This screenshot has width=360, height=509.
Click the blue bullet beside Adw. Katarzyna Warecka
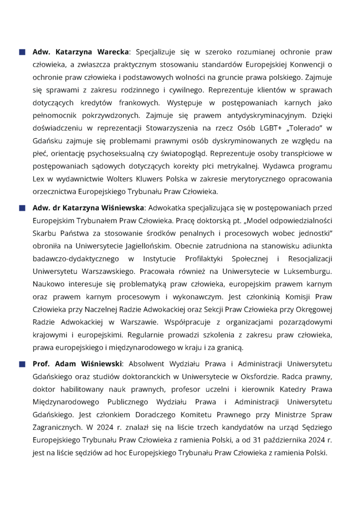pos(22,52)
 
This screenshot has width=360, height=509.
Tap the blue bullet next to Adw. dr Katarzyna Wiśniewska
pos(22,208)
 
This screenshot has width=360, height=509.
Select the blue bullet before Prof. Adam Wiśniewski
pos(22,364)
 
